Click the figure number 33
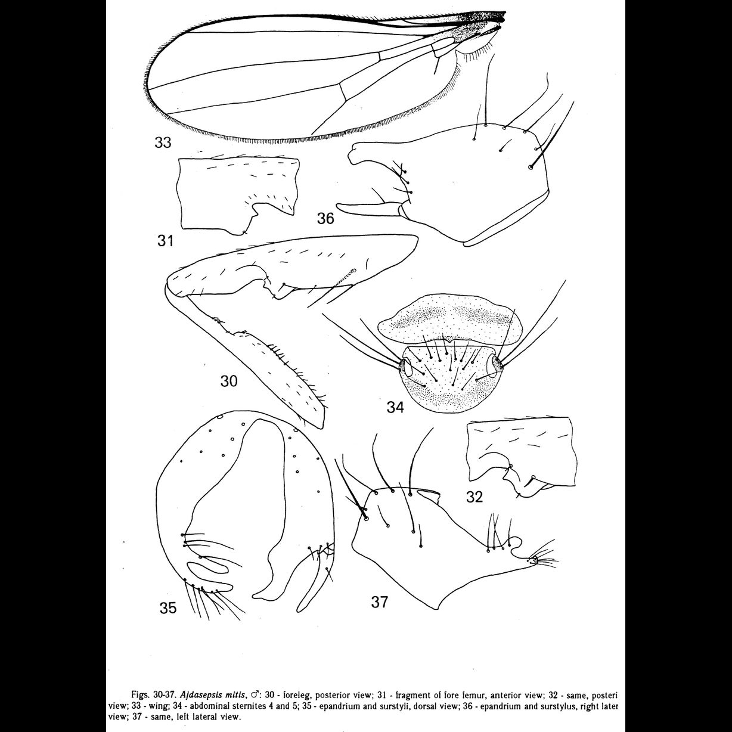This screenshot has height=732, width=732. [x=162, y=142]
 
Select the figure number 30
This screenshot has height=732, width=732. [x=229, y=380]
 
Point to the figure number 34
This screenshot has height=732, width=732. [x=395, y=407]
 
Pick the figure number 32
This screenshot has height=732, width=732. [x=474, y=497]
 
